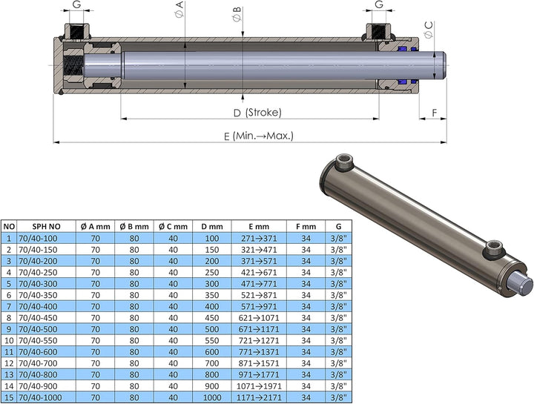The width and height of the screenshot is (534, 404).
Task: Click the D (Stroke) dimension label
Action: [x=257, y=113]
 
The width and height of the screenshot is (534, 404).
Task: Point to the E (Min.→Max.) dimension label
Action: [x=259, y=136]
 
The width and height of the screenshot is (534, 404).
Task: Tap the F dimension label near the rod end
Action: [x=434, y=113]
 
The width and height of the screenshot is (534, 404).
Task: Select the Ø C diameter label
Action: [x=429, y=29]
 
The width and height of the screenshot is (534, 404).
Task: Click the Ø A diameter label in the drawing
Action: [x=179, y=10]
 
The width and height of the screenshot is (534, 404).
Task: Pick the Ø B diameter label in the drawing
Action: [x=237, y=14]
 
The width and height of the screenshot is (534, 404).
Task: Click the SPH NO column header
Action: [x=46, y=227]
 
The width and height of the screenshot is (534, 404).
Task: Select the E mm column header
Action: [x=259, y=227]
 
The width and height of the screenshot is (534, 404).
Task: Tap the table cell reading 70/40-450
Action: [x=38, y=318]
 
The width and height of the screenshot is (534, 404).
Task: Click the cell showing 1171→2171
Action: [x=259, y=397]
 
